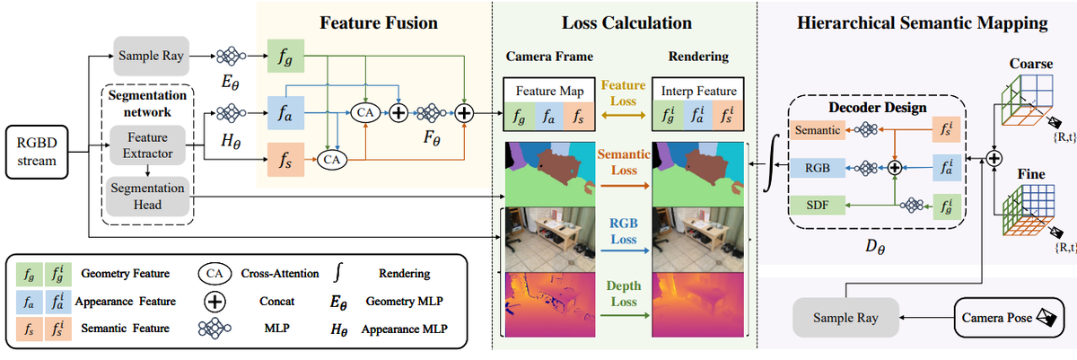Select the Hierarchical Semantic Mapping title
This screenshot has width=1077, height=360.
[x=922, y=22]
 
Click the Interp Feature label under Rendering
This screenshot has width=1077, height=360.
[x=699, y=91]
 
